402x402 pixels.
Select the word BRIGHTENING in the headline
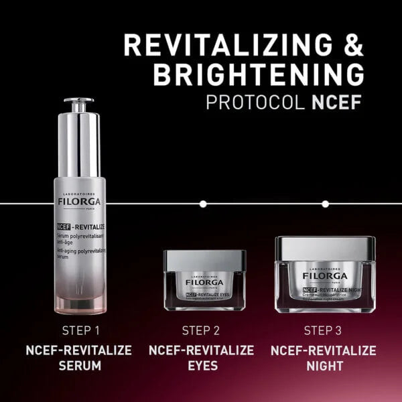point(259,74)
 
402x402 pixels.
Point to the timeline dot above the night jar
point(325,202)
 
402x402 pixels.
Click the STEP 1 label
point(80,330)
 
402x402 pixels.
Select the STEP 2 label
point(201,330)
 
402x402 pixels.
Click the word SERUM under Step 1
point(78,366)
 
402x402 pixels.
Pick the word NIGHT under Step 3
point(325,366)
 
